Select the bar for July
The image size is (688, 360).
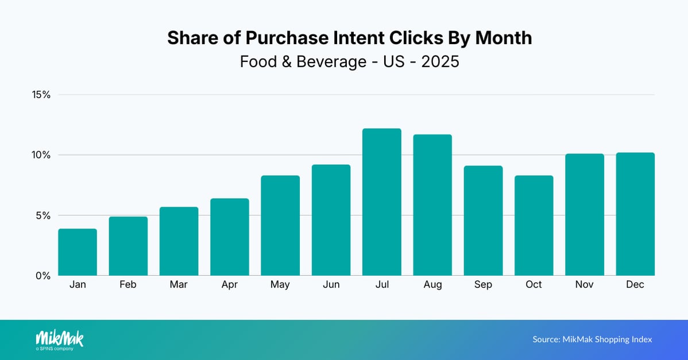(381, 202)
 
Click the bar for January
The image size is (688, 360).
(78, 252)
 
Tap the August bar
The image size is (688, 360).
(432, 205)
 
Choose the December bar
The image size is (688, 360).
(635, 214)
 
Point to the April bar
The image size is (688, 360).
(230, 237)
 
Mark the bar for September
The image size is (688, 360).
(483, 221)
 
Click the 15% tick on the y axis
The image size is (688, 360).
(41, 95)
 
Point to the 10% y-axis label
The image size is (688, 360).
(41, 155)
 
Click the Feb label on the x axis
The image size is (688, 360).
(128, 285)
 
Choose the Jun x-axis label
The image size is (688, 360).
(331, 285)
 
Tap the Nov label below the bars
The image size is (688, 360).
(585, 285)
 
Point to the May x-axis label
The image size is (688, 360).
(280, 285)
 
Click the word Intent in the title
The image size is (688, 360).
(365, 38)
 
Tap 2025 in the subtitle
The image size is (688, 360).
(440, 61)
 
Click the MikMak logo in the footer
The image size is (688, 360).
(59, 339)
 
